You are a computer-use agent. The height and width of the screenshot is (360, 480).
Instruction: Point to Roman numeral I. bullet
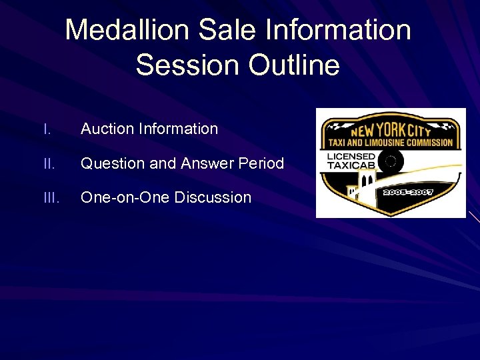(46, 129)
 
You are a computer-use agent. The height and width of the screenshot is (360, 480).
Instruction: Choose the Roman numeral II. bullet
(47, 163)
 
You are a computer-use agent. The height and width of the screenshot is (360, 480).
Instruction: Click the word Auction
(107, 129)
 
